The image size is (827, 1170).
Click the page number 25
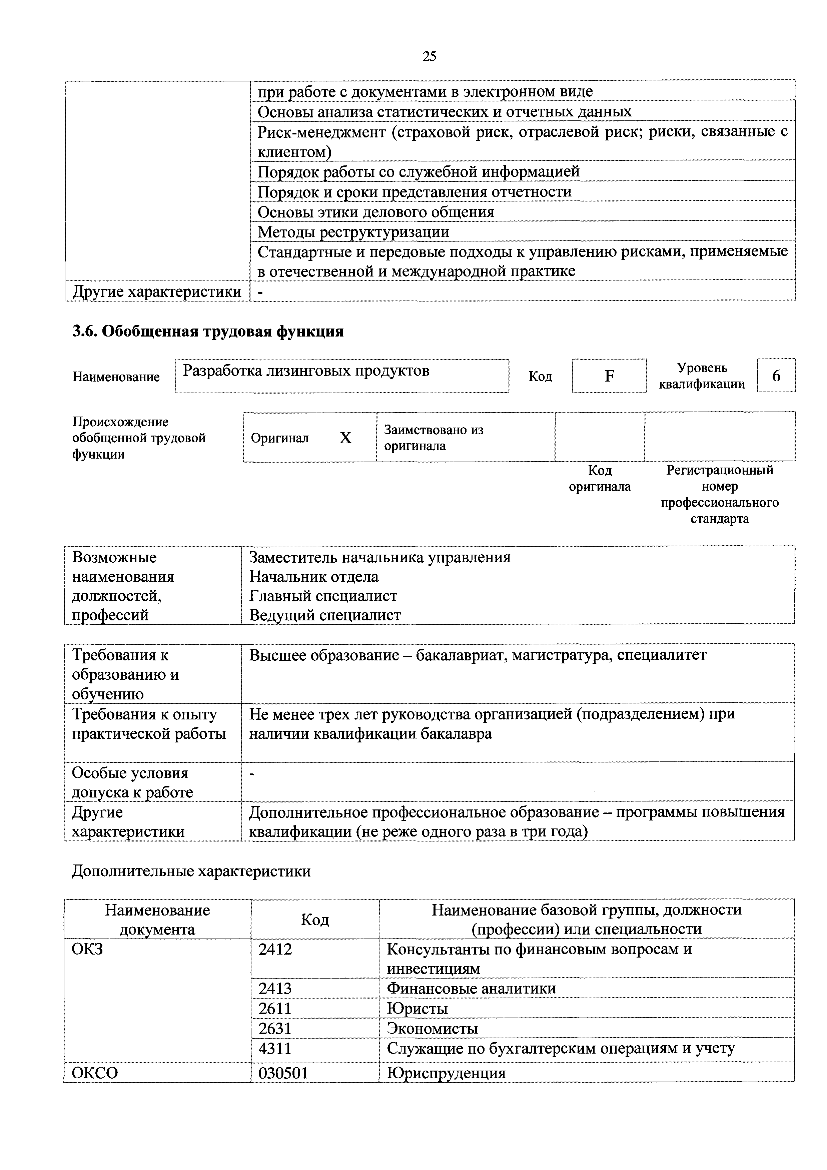click(429, 56)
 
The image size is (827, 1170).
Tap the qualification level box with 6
click(776, 376)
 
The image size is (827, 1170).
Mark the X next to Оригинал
click(345, 438)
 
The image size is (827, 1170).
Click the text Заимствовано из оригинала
click(433, 438)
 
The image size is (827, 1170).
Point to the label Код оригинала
click(599, 478)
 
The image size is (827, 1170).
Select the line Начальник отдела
click(313, 576)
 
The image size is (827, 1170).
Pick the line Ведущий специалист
click(324, 615)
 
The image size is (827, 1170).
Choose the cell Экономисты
click(432, 1028)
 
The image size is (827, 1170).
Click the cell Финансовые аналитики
click(471, 988)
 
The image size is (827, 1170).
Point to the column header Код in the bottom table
click(315, 920)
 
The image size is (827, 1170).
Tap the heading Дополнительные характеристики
click(191, 871)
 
